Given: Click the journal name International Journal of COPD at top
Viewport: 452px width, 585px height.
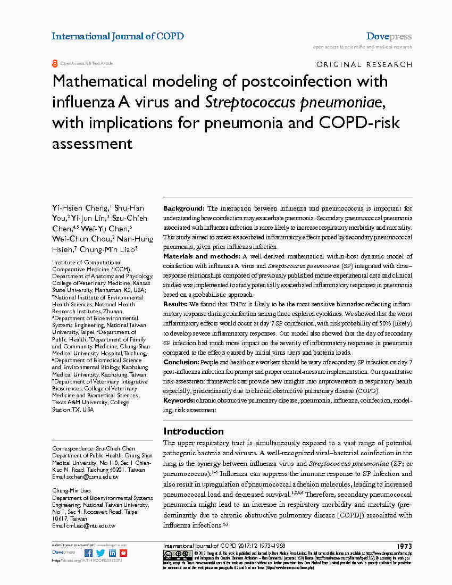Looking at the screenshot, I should (x=118, y=37).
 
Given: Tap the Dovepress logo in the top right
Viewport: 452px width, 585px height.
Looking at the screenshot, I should (x=389, y=37).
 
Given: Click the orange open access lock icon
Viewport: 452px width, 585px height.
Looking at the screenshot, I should (x=55, y=63).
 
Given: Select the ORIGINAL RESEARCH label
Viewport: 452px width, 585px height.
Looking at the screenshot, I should (x=364, y=65).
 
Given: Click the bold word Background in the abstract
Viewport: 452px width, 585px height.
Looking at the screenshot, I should (x=183, y=208).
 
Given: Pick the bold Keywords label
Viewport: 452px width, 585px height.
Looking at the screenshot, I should (x=179, y=400).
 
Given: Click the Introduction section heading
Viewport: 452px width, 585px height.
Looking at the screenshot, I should (x=193, y=431).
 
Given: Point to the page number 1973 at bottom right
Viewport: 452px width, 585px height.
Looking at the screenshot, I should (x=404, y=546).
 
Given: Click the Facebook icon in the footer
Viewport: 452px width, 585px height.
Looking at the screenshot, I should (x=89, y=553).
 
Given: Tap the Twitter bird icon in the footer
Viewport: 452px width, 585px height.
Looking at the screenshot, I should (x=101, y=553).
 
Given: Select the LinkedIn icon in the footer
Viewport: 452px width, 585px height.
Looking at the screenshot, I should (x=112, y=553).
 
